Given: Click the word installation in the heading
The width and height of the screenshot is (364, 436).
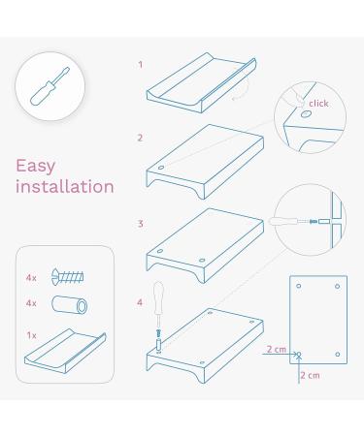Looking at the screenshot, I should coord(64,186).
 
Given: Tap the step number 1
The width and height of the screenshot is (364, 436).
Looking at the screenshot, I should coord(140,65).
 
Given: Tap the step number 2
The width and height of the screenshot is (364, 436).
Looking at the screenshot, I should coord(140,138).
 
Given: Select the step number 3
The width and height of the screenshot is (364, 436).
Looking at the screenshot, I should coord(140,224).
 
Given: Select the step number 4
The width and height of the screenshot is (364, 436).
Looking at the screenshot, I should coord(140,301).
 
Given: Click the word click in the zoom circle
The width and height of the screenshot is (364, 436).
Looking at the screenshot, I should coord(318,102).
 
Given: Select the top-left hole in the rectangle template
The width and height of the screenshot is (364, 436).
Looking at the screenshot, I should coord(300,287).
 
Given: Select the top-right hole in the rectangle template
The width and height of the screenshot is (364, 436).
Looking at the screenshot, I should coord(337,287).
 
